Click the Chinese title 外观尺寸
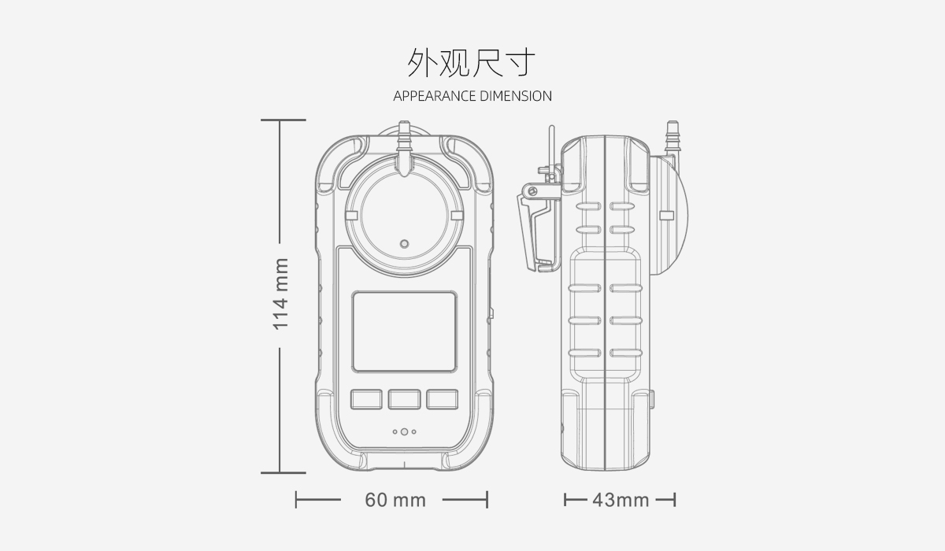click(x=471, y=62)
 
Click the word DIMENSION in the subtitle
click(x=516, y=96)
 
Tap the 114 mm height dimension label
click(x=280, y=294)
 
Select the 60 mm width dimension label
click(x=395, y=500)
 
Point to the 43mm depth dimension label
click(x=621, y=501)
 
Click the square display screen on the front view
click(x=404, y=331)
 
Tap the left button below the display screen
click(x=366, y=399)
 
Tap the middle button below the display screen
click(x=404, y=399)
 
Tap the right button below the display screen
click(x=442, y=399)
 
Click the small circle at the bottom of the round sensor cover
click(x=404, y=244)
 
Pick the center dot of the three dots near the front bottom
click(x=404, y=431)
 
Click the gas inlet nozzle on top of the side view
click(x=672, y=137)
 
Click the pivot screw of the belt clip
click(x=533, y=191)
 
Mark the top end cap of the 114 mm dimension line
click(x=283, y=120)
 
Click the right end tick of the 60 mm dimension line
click(x=487, y=500)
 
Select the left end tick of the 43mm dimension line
click(x=565, y=501)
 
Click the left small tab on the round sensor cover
click(x=351, y=216)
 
